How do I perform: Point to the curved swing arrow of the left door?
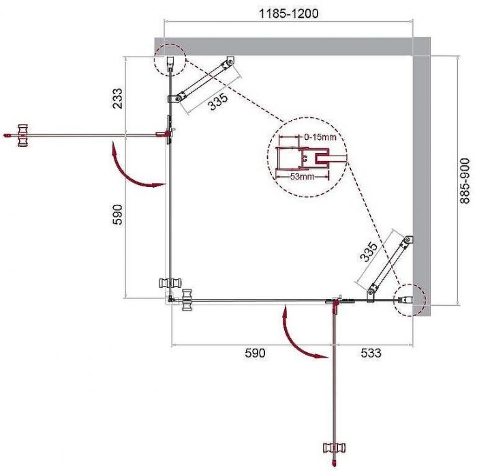pyautogui.click(x=133, y=168)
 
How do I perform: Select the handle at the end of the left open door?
pyautogui.click(x=22, y=134)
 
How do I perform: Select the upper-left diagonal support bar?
pyautogui.click(x=204, y=81)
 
